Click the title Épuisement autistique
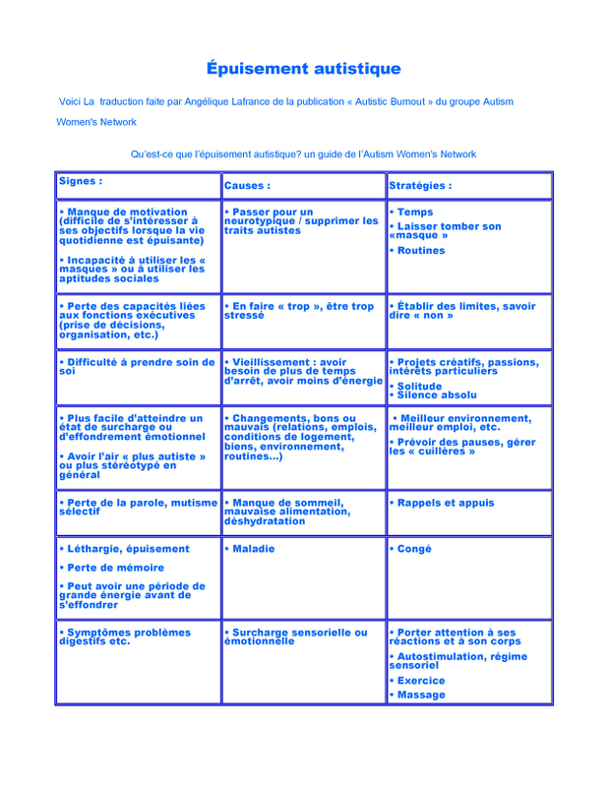303,69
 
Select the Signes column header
81,181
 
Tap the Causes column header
247,185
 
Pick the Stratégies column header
420,185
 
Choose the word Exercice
420,680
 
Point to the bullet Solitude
419,386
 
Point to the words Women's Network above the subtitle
96,122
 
